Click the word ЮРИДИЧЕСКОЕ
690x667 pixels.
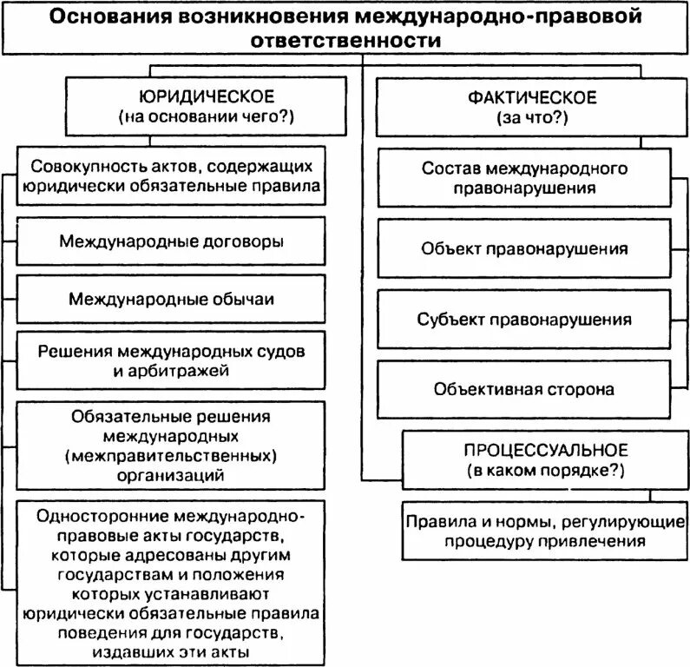(x=207, y=96)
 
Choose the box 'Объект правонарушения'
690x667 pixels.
(x=524, y=249)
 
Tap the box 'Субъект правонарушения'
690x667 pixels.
(x=524, y=319)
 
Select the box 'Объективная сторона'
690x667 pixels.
(x=524, y=388)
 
